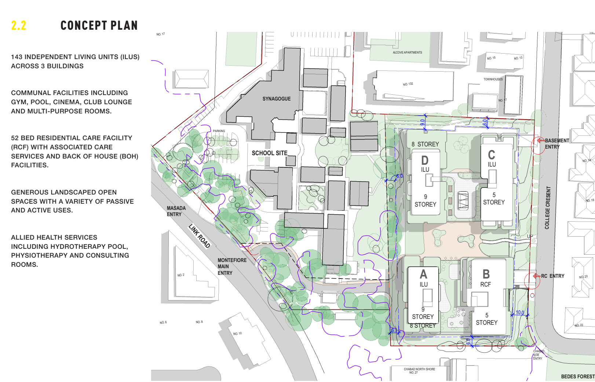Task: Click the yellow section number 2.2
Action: point(18,25)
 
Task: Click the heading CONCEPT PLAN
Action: point(99,25)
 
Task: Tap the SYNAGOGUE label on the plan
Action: point(276,99)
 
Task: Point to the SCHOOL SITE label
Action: point(269,153)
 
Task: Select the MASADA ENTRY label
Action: point(176,211)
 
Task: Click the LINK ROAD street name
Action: point(199,236)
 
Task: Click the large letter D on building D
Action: point(425,160)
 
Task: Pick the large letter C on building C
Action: point(492,154)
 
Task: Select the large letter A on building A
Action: point(423,274)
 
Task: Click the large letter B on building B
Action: point(486,274)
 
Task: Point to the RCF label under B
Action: point(485,284)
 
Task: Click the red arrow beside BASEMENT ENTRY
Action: point(540,140)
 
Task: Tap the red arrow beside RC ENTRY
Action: point(536,276)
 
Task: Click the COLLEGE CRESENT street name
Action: point(547,208)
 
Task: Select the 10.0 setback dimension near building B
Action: point(520,313)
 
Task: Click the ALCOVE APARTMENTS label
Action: point(407,52)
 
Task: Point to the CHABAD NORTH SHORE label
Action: point(419,369)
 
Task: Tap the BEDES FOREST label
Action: point(577,376)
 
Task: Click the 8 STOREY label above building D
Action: point(425,144)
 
